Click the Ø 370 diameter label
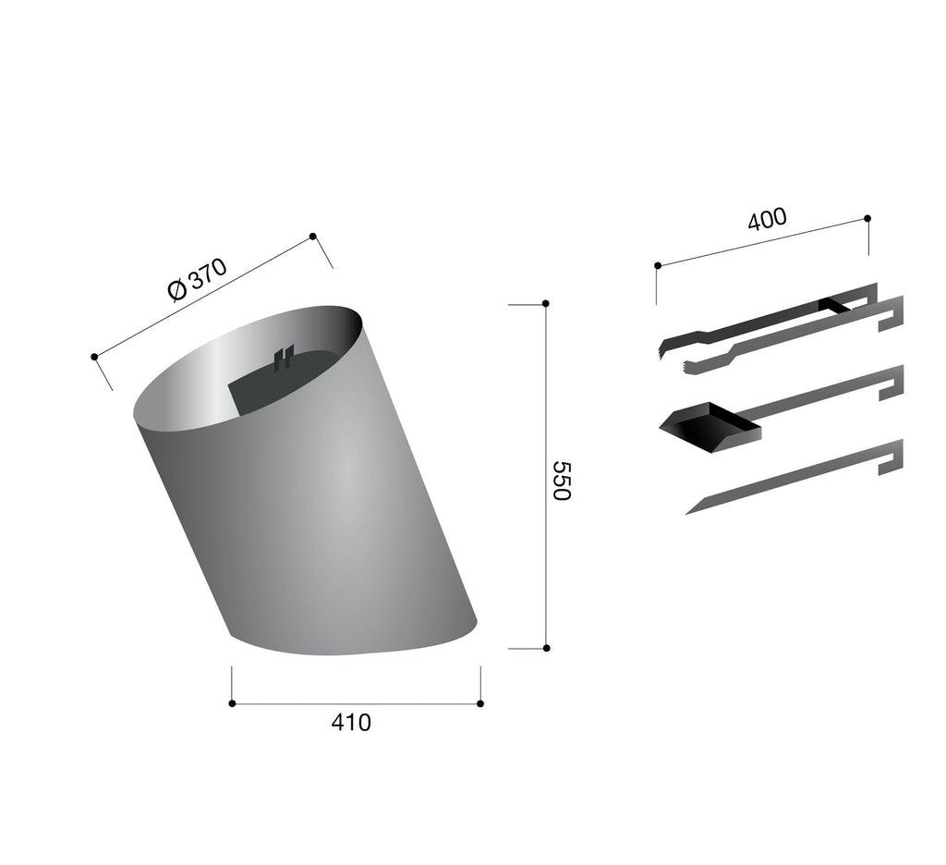coord(198,279)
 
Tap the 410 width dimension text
coord(351,722)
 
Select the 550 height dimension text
coord(562,481)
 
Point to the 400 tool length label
coord(767,219)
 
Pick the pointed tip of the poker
coord(686,514)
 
